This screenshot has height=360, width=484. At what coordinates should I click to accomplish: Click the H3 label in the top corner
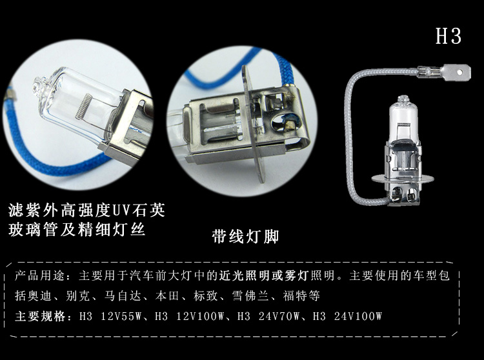pyautogui.click(x=449, y=35)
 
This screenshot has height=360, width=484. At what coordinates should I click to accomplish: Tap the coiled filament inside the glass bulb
pyautogui.click(x=83, y=106)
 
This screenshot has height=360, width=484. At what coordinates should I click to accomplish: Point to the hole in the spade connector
pyautogui.click(x=460, y=72)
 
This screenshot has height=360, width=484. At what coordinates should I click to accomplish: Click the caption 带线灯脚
pyautogui.click(x=245, y=237)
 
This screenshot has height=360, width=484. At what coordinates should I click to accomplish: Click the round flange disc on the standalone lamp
pyautogui.click(x=403, y=179)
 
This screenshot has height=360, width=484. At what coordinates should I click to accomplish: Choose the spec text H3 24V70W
pyautogui.click(x=268, y=316)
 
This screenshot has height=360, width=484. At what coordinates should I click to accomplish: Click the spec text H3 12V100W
pyautogui.click(x=189, y=316)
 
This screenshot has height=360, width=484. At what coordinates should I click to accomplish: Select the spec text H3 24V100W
pyautogui.click(x=347, y=316)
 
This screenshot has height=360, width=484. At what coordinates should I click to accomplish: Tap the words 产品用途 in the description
pyautogui.click(x=40, y=275)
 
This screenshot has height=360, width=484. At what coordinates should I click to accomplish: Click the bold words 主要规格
pyautogui.click(x=40, y=316)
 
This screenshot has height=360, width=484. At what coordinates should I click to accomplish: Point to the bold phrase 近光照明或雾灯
pyautogui.click(x=263, y=275)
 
